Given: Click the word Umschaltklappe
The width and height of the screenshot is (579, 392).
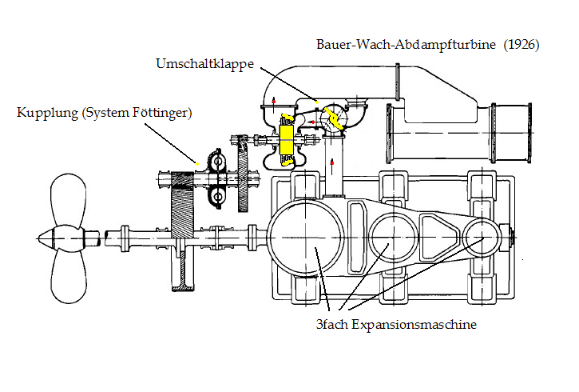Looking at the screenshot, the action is point(205,64).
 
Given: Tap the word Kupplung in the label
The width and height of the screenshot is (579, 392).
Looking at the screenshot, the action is point(48,113).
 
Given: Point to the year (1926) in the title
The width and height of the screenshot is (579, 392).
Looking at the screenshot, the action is point(521,44).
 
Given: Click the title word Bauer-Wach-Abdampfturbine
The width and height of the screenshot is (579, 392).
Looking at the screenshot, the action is point(406,44).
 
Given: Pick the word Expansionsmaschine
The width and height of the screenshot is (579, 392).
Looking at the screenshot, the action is point(414,325).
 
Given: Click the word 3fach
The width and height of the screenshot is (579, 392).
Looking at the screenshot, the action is point(332,324).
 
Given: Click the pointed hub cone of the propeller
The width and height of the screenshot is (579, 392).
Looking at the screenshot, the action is point(46,238).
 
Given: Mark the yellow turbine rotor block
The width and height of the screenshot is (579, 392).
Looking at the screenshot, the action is point(286,139).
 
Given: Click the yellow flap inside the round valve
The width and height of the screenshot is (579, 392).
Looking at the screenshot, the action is point(334,118).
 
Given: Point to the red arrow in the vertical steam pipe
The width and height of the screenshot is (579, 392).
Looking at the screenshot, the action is point(332,165).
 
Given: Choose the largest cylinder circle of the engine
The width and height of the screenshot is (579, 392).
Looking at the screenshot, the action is point(306,238).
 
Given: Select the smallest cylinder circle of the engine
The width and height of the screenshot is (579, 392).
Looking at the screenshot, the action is point(482,238).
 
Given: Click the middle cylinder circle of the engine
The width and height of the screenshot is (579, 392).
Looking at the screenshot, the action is point(393,238).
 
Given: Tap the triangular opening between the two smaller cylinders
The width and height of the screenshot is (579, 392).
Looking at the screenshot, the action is point(438,237).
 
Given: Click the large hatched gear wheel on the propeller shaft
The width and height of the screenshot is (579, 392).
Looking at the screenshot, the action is point(182,231).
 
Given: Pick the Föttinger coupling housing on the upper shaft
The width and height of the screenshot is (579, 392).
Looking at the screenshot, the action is point(216,178).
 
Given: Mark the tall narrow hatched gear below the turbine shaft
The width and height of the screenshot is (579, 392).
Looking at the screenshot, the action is point(242,173).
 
